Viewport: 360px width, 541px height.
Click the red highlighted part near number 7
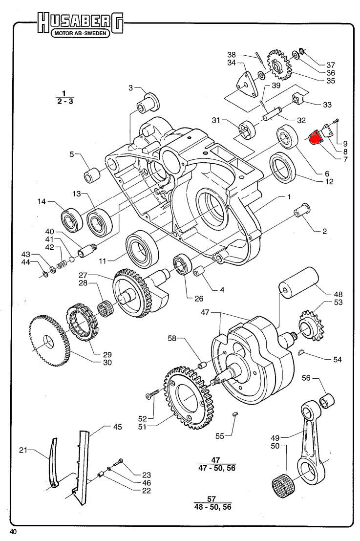315,137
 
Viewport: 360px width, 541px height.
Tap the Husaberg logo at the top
81,22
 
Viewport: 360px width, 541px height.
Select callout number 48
338,294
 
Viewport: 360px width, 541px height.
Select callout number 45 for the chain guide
117,427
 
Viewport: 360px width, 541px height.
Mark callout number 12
329,181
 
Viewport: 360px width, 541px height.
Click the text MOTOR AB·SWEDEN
81,35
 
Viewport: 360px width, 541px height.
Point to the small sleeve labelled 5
92,174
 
